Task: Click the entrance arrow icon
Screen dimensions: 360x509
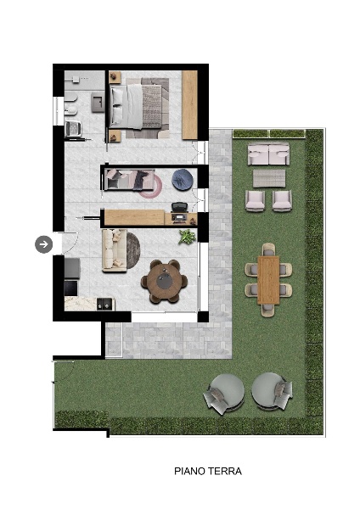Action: click(x=44, y=244)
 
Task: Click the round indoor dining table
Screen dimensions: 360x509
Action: click(x=164, y=281)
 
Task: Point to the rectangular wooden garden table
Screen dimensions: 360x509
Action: click(x=268, y=280)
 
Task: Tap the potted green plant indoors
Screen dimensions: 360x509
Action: click(x=187, y=237)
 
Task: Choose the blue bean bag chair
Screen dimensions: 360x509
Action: click(x=183, y=179)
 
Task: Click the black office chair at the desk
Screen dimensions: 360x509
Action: click(x=179, y=207)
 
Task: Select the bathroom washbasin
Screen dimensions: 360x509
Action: click(x=98, y=102)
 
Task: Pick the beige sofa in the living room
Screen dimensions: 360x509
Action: click(x=114, y=250)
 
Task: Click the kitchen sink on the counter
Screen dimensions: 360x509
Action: click(x=105, y=305)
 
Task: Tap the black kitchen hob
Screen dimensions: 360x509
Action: click(x=70, y=288)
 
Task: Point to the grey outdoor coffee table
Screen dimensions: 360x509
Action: click(x=269, y=178)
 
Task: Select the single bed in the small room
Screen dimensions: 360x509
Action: click(x=129, y=179)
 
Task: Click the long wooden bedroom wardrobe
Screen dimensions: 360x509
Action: click(x=189, y=105)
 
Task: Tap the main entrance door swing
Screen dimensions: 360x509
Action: click(x=70, y=243)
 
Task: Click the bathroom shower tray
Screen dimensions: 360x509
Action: click(x=84, y=81)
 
